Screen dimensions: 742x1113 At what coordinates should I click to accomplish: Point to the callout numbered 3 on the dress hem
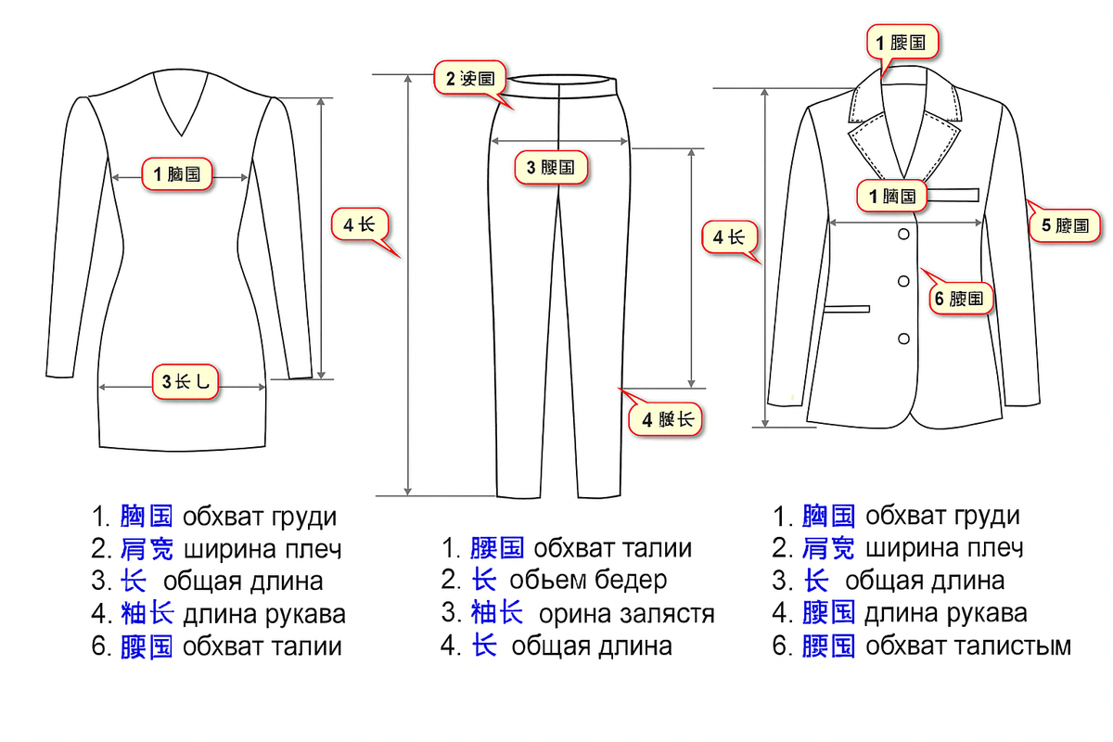pos(185,380)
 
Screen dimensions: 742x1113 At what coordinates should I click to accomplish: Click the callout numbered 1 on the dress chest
pos(177,173)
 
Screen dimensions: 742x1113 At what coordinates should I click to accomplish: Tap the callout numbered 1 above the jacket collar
pos(902,42)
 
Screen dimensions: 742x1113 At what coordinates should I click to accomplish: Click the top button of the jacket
pos(902,236)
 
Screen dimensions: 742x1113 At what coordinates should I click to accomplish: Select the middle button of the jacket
pos(902,280)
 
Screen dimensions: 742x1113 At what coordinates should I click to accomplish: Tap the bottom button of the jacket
pos(902,336)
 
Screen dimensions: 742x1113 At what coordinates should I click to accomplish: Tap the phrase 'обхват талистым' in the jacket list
pos(968,646)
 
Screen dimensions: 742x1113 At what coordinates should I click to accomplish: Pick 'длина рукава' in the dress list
pos(264,613)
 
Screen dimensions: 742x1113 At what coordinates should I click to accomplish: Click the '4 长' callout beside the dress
pos(358,224)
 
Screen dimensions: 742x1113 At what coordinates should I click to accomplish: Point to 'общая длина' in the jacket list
pos(925,581)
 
